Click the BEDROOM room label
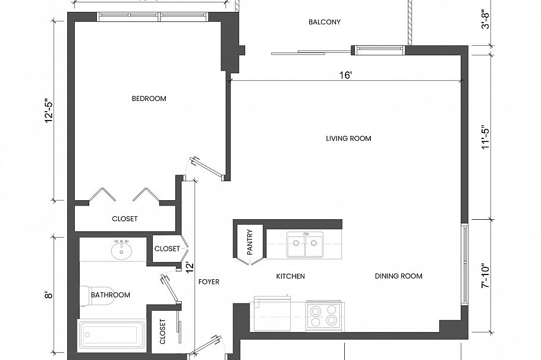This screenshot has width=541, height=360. click(149, 99)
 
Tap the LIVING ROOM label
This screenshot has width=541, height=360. click(348, 138)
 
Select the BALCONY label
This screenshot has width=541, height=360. click(325, 23)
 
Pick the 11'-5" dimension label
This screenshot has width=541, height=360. click(485, 137)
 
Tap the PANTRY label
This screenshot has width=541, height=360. click(250, 242)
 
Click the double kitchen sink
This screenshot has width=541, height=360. click(305, 245)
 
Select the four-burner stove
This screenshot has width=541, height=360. click(324, 315)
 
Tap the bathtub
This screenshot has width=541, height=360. click(112, 337)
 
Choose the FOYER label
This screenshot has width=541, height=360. click(209, 282)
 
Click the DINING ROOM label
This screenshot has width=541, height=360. click(398, 276)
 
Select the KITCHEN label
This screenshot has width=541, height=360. click(291, 276)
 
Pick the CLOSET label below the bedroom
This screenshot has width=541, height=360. click(125, 219)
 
